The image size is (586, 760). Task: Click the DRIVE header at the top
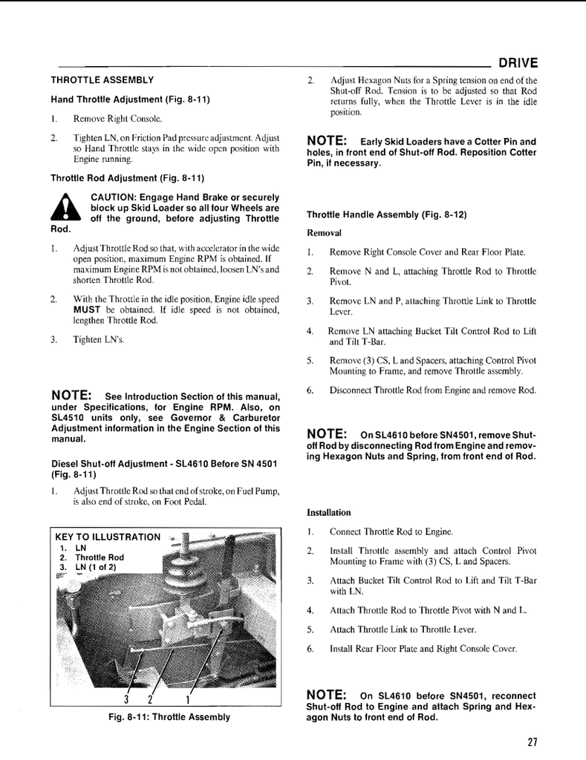tap(518, 63)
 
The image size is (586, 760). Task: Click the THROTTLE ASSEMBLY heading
tap(102, 80)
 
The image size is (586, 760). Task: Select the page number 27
tap(533, 741)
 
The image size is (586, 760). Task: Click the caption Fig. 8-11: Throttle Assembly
tap(169, 717)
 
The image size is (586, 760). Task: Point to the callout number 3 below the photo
tap(126, 699)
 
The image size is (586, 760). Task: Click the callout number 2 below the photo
tap(150, 699)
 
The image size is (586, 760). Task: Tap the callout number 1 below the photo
tap(188, 699)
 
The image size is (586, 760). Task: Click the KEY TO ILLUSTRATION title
tap(108, 537)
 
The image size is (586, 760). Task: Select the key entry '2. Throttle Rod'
tap(92, 557)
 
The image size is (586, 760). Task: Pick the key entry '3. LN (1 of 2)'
tap(88, 567)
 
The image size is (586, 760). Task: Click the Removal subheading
tap(324, 233)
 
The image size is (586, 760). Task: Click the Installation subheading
tap(329, 513)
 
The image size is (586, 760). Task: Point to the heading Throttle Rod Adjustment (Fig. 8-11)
tap(127, 178)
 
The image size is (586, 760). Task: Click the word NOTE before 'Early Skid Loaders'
tap(328, 141)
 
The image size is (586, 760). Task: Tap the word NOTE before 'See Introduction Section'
tap(72, 394)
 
